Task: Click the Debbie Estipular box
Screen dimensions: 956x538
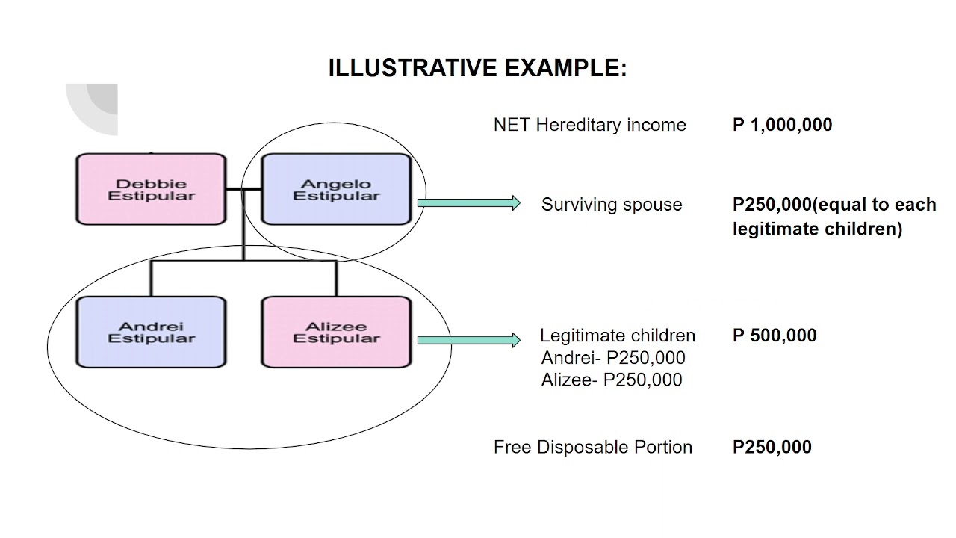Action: [151, 189]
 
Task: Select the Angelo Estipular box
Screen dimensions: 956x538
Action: [336, 189]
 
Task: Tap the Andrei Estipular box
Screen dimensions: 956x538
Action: [151, 332]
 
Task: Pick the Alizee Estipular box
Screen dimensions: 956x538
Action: [336, 332]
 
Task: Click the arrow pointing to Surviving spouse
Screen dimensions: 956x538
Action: [468, 202]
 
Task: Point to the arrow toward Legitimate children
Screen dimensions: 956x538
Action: [468, 340]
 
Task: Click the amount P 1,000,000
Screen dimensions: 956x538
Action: [782, 125]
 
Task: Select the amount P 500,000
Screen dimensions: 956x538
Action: [775, 336]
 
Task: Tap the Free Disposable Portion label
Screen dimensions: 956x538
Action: [593, 447]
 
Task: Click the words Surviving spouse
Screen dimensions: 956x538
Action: [612, 205]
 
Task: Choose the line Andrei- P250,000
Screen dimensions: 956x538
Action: [613, 358]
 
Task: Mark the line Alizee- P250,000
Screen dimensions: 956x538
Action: [612, 380]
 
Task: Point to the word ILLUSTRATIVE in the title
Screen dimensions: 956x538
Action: [413, 68]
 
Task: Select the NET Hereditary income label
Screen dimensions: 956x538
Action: [590, 125]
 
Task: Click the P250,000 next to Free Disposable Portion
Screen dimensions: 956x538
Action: [772, 447]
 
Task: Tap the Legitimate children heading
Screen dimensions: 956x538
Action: [618, 336]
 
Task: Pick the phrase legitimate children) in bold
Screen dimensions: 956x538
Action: [817, 229]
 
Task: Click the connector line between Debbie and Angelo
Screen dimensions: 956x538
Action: [243, 189]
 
